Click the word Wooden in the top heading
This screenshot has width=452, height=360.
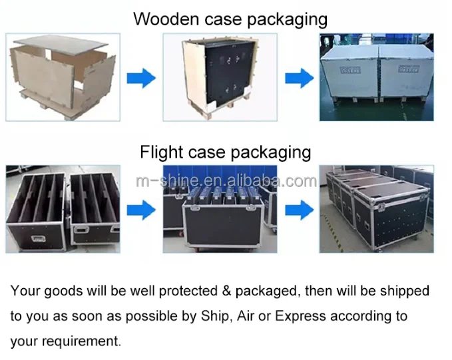coord(160,18)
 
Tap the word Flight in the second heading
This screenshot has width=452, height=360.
coord(158,152)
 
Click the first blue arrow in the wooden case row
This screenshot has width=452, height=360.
coord(141,79)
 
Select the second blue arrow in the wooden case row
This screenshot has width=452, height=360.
coord(299,79)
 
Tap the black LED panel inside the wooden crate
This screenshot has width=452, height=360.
coord(226,73)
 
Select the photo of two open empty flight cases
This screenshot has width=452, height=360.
coord(64,206)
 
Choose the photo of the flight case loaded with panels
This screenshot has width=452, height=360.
coord(220,206)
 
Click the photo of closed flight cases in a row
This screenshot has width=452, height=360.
coord(376,206)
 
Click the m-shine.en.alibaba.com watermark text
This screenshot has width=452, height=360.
coord(225,180)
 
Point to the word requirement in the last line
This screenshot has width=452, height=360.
coord(84,341)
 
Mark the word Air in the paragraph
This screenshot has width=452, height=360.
coord(244,316)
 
